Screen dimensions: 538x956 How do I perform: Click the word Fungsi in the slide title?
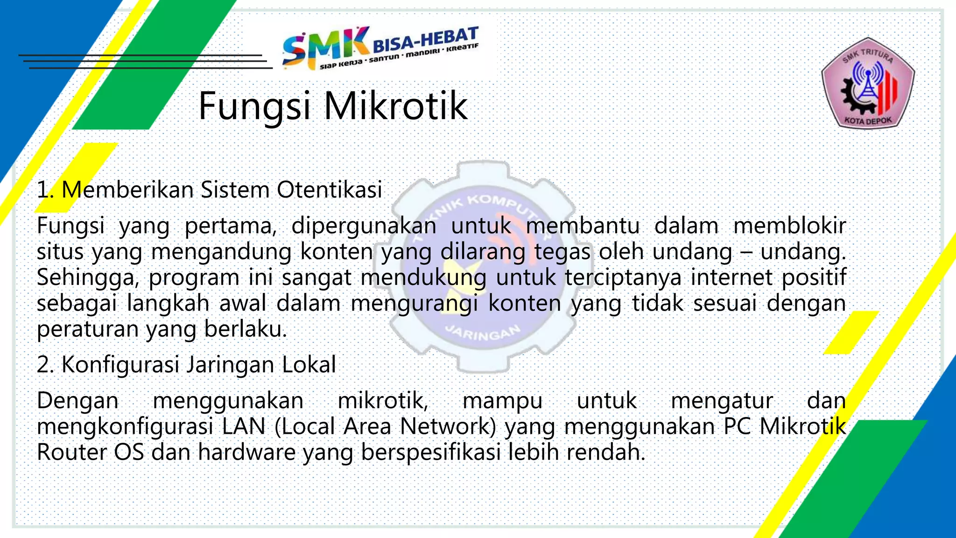[x=254, y=106]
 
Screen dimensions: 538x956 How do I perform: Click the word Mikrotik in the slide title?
[x=395, y=106]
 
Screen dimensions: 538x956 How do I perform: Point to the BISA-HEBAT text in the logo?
[x=425, y=39]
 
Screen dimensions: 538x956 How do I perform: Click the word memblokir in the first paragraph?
[x=789, y=226]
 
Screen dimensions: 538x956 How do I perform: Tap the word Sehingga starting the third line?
[x=88, y=278]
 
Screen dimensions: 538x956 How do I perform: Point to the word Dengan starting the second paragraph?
[x=77, y=401]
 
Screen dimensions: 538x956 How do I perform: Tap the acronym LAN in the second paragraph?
[x=243, y=426]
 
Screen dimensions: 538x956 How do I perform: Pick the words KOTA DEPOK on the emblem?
[x=868, y=121]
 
